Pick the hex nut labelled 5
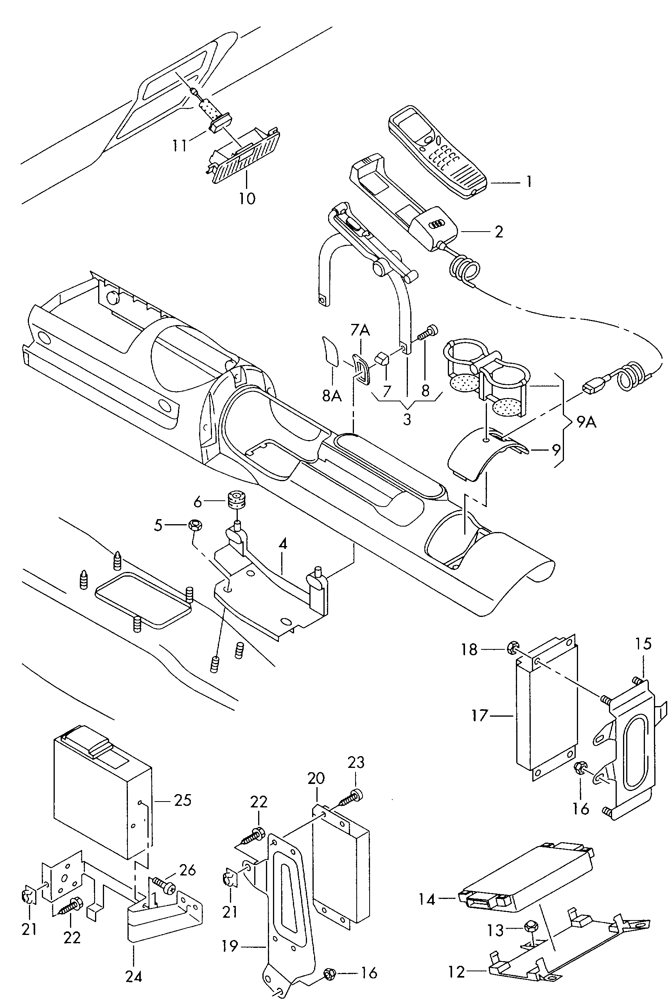coord(195,526)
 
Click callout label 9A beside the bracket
coord(587,422)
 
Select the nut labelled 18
coord(512,649)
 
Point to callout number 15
coord(643,644)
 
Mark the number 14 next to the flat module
coord(427,900)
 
